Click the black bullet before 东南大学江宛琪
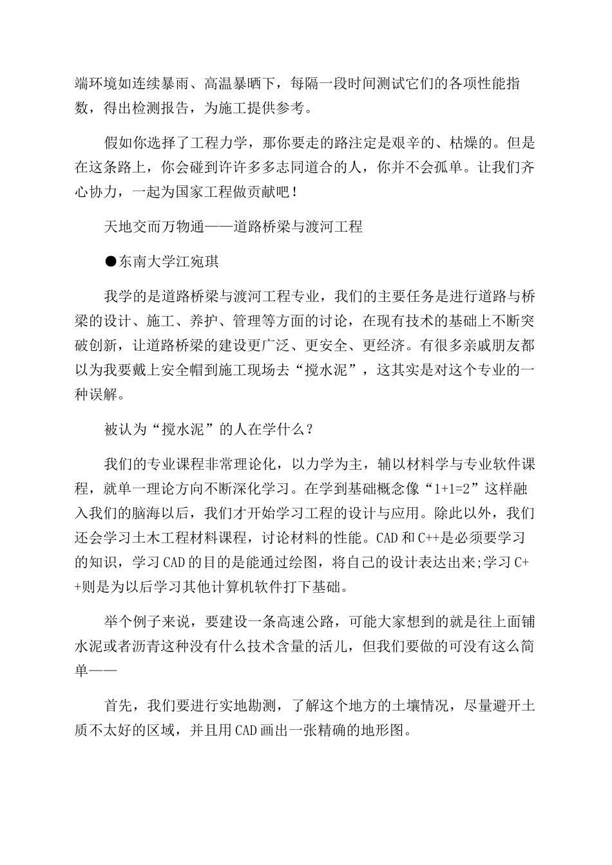pos(111,261)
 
